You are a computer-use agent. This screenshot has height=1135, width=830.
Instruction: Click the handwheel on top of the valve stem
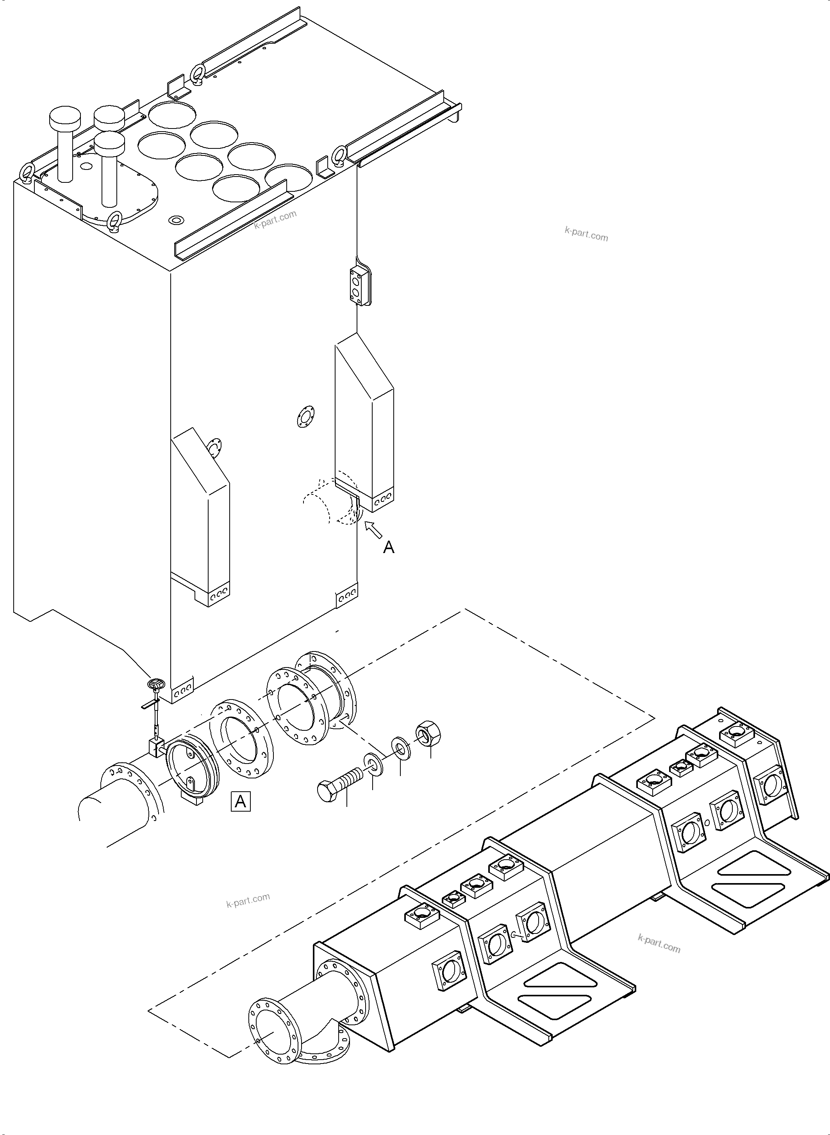(x=156, y=684)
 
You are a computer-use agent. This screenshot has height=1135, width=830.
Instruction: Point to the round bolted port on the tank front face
(x=304, y=417)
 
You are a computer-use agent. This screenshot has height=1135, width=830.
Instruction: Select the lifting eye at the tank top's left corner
(x=26, y=172)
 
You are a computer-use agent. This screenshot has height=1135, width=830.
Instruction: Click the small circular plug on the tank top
(x=176, y=220)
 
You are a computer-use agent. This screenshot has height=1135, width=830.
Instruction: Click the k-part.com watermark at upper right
(x=586, y=234)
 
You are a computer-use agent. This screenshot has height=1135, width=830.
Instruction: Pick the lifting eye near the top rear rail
(x=198, y=73)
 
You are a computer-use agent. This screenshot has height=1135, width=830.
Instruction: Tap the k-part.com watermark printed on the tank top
(x=275, y=220)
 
